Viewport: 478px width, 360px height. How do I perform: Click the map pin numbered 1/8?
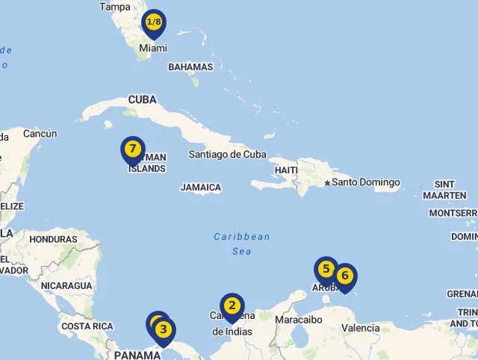click(x=154, y=23)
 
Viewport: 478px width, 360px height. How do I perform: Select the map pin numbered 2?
click(x=232, y=306)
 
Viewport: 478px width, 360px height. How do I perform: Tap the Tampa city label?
click(x=114, y=7)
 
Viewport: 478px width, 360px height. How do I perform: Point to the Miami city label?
click(x=152, y=48)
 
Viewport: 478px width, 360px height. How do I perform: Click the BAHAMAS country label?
click(x=190, y=67)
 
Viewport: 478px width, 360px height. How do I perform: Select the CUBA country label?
click(x=142, y=100)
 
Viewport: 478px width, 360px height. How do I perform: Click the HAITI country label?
click(x=286, y=170)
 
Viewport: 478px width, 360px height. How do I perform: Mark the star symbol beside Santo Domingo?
click(x=327, y=183)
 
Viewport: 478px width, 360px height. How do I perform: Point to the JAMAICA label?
click(x=201, y=187)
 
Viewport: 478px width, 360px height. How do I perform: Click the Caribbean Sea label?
click(x=242, y=244)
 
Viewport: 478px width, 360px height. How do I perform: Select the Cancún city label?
click(x=40, y=134)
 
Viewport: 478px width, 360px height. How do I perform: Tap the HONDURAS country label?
click(x=53, y=240)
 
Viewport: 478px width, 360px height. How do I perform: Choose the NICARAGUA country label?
click(x=66, y=286)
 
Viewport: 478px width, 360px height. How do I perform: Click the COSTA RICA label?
click(x=87, y=326)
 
